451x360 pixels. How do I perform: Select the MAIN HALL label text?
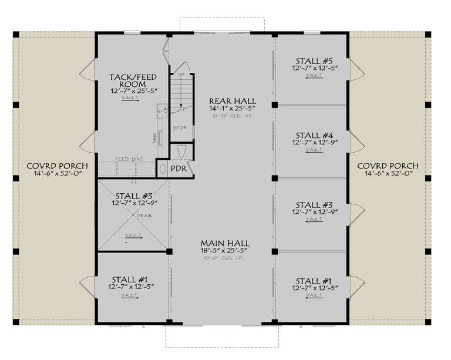coord(224,243)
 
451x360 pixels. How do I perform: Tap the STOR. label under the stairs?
coord(179,127)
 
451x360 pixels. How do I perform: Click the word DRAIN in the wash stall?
coord(144,216)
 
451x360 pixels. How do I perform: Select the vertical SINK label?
coord(154,137)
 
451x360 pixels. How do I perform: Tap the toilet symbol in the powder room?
coord(181,152)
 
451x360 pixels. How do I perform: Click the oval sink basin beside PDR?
coord(163,169)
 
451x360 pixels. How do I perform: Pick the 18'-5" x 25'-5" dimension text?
coord(224,251)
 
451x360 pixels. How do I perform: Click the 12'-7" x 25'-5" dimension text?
coord(130,91)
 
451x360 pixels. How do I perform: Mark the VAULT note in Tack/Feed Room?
coord(130,98)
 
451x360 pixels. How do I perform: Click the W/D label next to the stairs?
coord(162,110)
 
